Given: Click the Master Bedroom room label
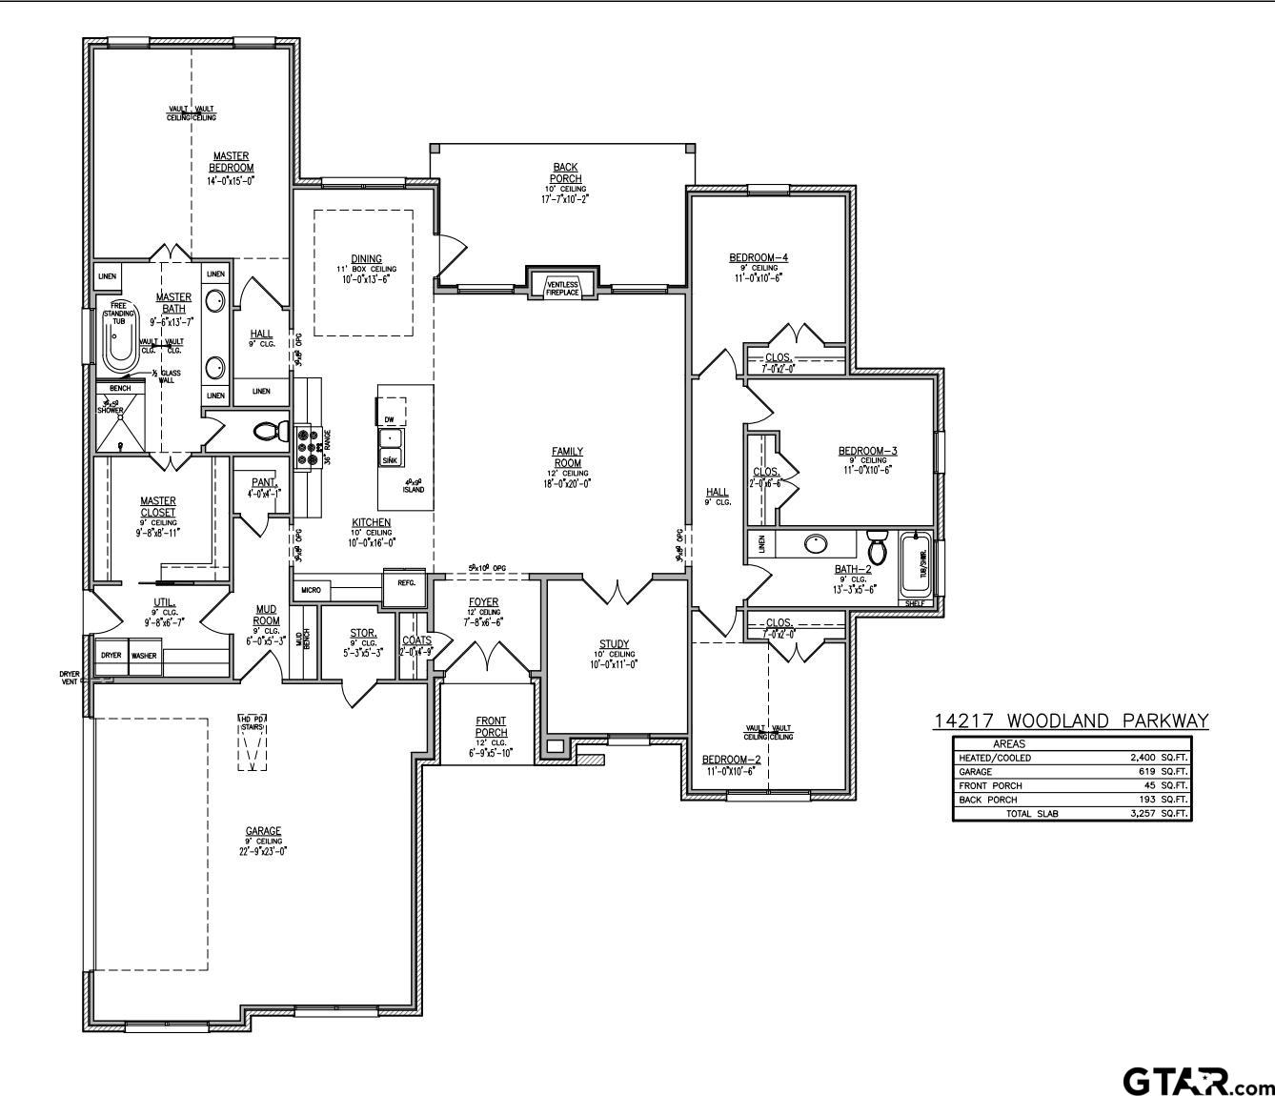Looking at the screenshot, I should (x=231, y=162).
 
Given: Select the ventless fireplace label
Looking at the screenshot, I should (x=562, y=287).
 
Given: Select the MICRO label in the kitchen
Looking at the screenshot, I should (x=310, y=591).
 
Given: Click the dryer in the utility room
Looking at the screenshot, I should (x=111, y=656).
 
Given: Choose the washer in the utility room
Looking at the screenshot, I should (x=144, y=656).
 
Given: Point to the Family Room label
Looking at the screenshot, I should (x=567, y=457).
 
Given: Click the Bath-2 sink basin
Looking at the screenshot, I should (x=815, y=544).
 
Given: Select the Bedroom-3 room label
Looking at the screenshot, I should (x=867, y=451).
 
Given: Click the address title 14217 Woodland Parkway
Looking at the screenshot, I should (x=1071, y=721).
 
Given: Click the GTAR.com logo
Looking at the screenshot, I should (x=1197, y=1082).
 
